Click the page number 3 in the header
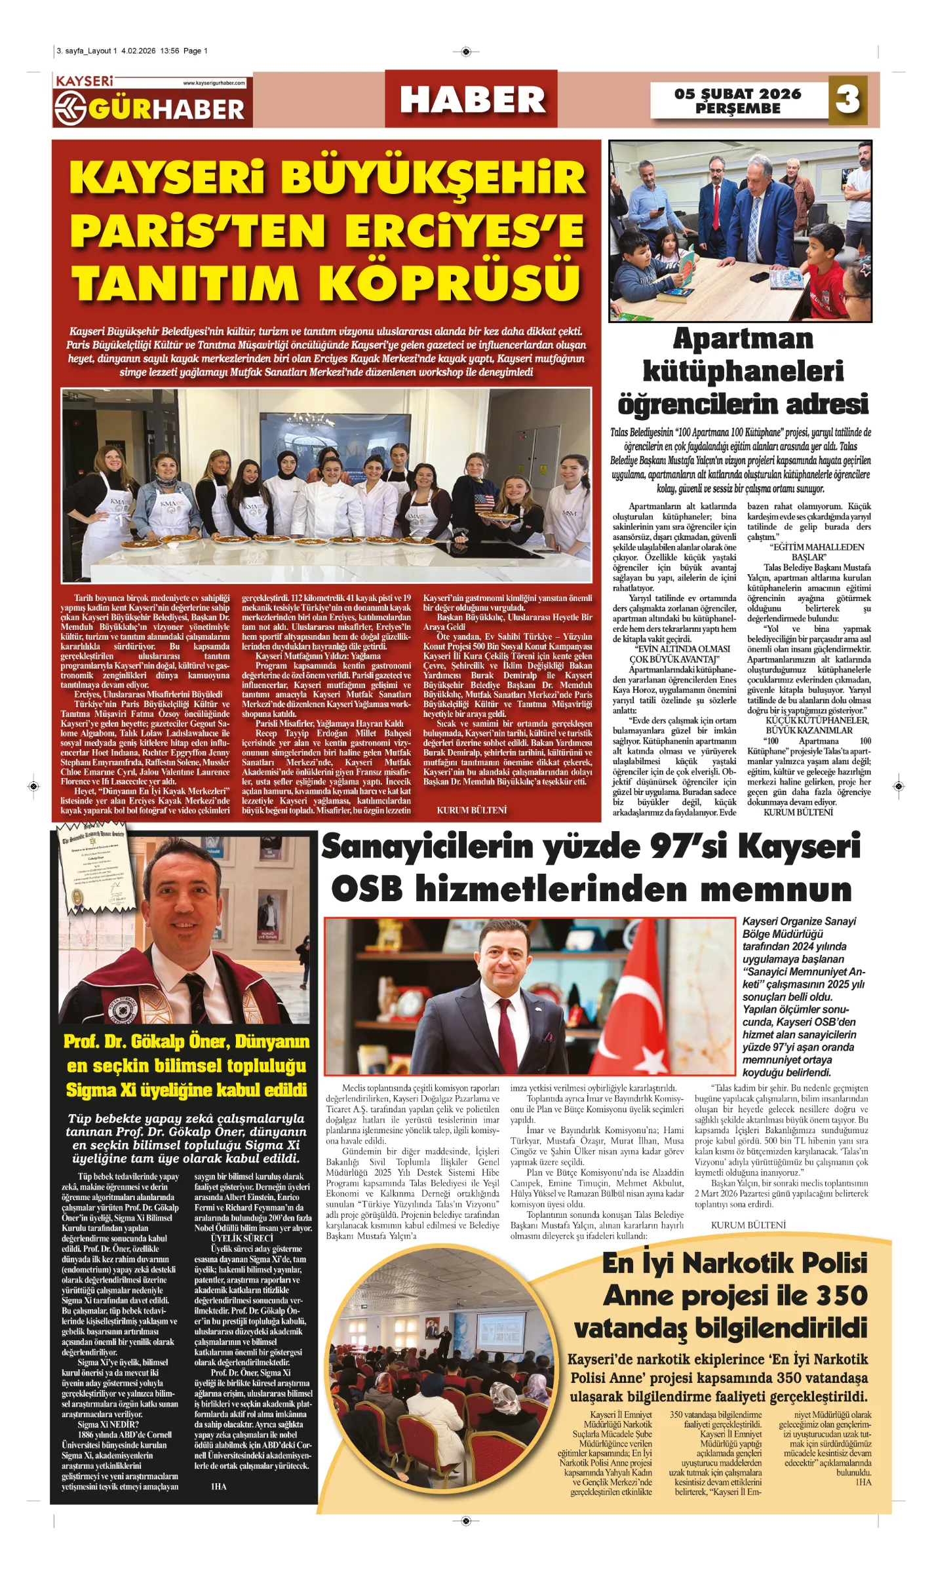(847, 100)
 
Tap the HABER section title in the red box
(472, 100)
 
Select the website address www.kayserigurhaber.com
(214, 83)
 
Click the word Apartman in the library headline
(743, 340)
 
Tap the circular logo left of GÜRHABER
(70, 109)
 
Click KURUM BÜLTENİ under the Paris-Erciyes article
(471, 811)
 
